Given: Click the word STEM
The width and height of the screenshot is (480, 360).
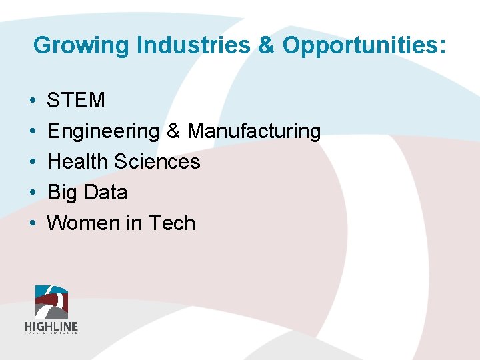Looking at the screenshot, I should (76, 101).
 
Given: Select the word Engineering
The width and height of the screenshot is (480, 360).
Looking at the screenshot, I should (103, 131).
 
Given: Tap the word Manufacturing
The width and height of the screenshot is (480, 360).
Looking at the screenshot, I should (254, 131).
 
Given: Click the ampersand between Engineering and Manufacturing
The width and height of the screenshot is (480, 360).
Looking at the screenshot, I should (173, 131).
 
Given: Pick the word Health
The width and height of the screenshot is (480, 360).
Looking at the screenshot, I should (78, 162).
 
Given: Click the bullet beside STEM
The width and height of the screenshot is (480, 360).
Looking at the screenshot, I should (33, 101).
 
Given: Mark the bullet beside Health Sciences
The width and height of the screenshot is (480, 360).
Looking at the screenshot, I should (33, 162).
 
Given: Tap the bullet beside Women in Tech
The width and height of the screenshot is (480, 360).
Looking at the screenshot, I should (33, 223).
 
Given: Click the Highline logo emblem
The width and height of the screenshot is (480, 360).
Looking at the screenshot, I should (51, 302).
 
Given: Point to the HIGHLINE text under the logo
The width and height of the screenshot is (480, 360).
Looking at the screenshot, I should (51, 327).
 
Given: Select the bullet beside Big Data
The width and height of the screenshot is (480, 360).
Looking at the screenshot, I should (33, 193).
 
